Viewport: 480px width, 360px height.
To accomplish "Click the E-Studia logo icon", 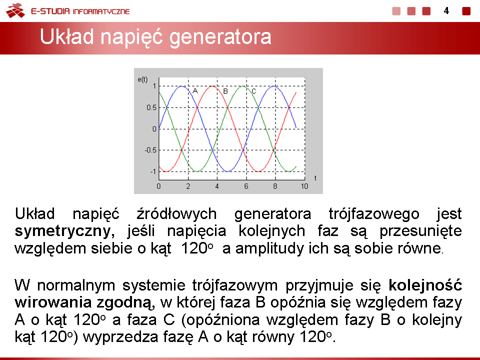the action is (x=15, y=10).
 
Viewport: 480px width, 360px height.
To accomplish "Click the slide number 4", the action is (x=446, y=11).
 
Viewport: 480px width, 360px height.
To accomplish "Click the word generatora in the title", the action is (x=220, y=37).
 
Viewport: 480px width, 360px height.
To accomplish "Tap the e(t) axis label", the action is (x=142, y=79).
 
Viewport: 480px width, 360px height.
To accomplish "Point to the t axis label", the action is (x=315, y=178).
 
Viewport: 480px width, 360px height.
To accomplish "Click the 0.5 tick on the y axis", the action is (x=151, y=107).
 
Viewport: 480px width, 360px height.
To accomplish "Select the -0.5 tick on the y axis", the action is (x=150, y=150).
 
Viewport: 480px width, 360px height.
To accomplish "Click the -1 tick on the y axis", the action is (x=153, y=171).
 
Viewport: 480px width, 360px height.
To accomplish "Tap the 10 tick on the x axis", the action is (x=304, y=186).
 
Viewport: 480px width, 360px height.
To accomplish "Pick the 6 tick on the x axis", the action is (x=246, y=186).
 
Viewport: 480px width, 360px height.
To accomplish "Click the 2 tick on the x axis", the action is (x=188, y=186).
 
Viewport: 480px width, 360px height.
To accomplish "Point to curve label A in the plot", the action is (x=195, y=91).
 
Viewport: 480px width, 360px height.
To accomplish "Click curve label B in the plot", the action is (x=225, y=91).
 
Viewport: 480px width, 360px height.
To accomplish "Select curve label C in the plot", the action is (x=254, y=91).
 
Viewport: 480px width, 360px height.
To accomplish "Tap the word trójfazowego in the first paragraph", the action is (x=374, y=214).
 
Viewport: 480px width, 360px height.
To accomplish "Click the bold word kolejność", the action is (x=425, y=285).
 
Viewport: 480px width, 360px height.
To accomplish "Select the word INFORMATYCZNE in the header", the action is (x=101, y=11).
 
